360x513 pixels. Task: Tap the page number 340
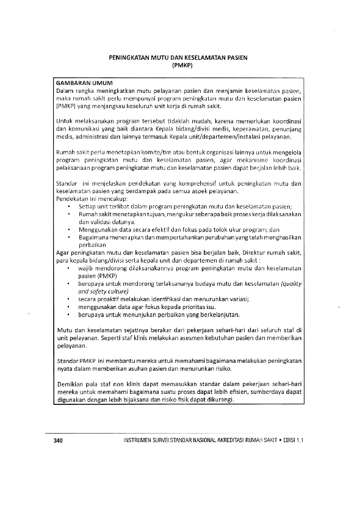point(59,440)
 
